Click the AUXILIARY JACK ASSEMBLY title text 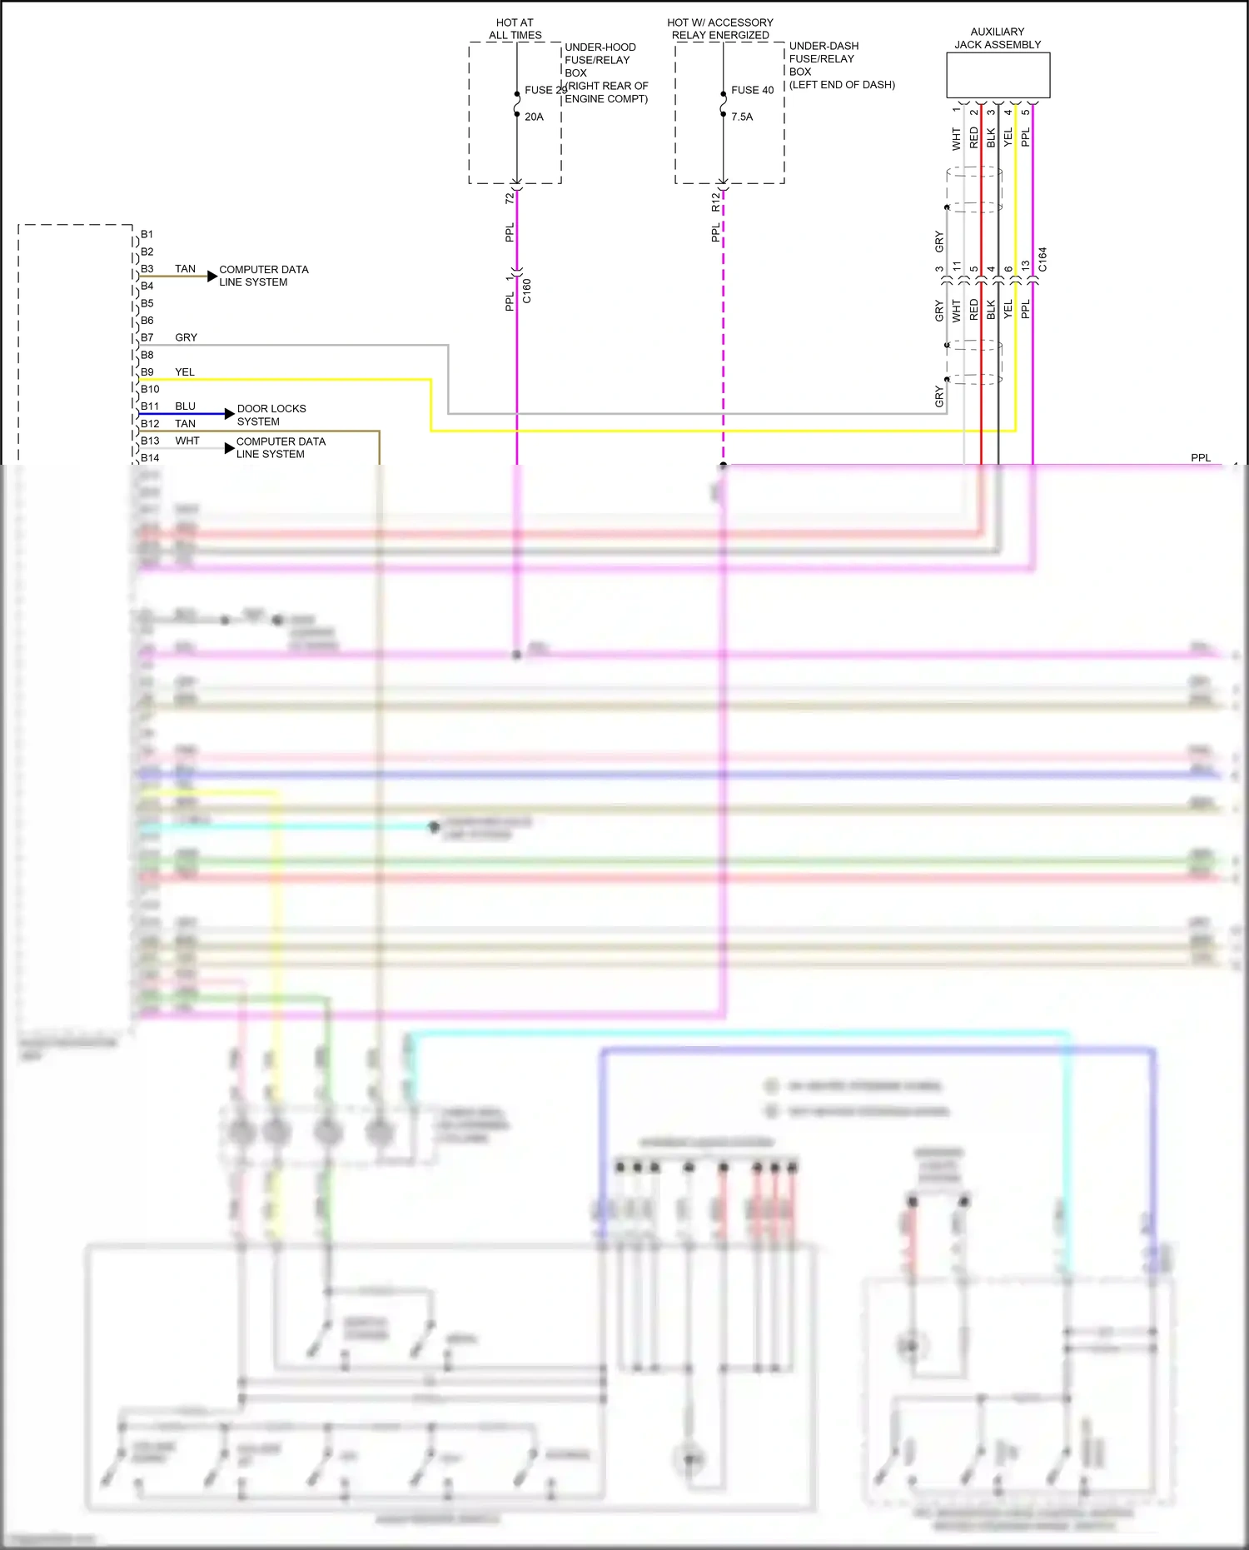[998, 38]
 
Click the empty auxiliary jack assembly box [998, 76]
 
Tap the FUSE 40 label [752, 90]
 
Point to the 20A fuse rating [534, 117]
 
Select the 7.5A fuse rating [742, 117]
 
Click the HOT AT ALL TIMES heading [515, 29]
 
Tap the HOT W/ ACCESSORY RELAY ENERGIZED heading [720, 29]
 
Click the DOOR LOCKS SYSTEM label [271, 415]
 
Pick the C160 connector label [527, 291]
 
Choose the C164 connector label [1042, 259]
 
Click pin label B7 [147, 337]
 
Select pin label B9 [147, 372]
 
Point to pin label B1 [147, 234]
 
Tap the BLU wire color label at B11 [185, 406]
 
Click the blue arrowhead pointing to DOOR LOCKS [230, 414]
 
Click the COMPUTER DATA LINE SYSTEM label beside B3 [263, 276]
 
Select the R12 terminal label [715, 202]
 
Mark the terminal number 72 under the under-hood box [510, 198]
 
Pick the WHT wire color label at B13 [187, 441]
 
